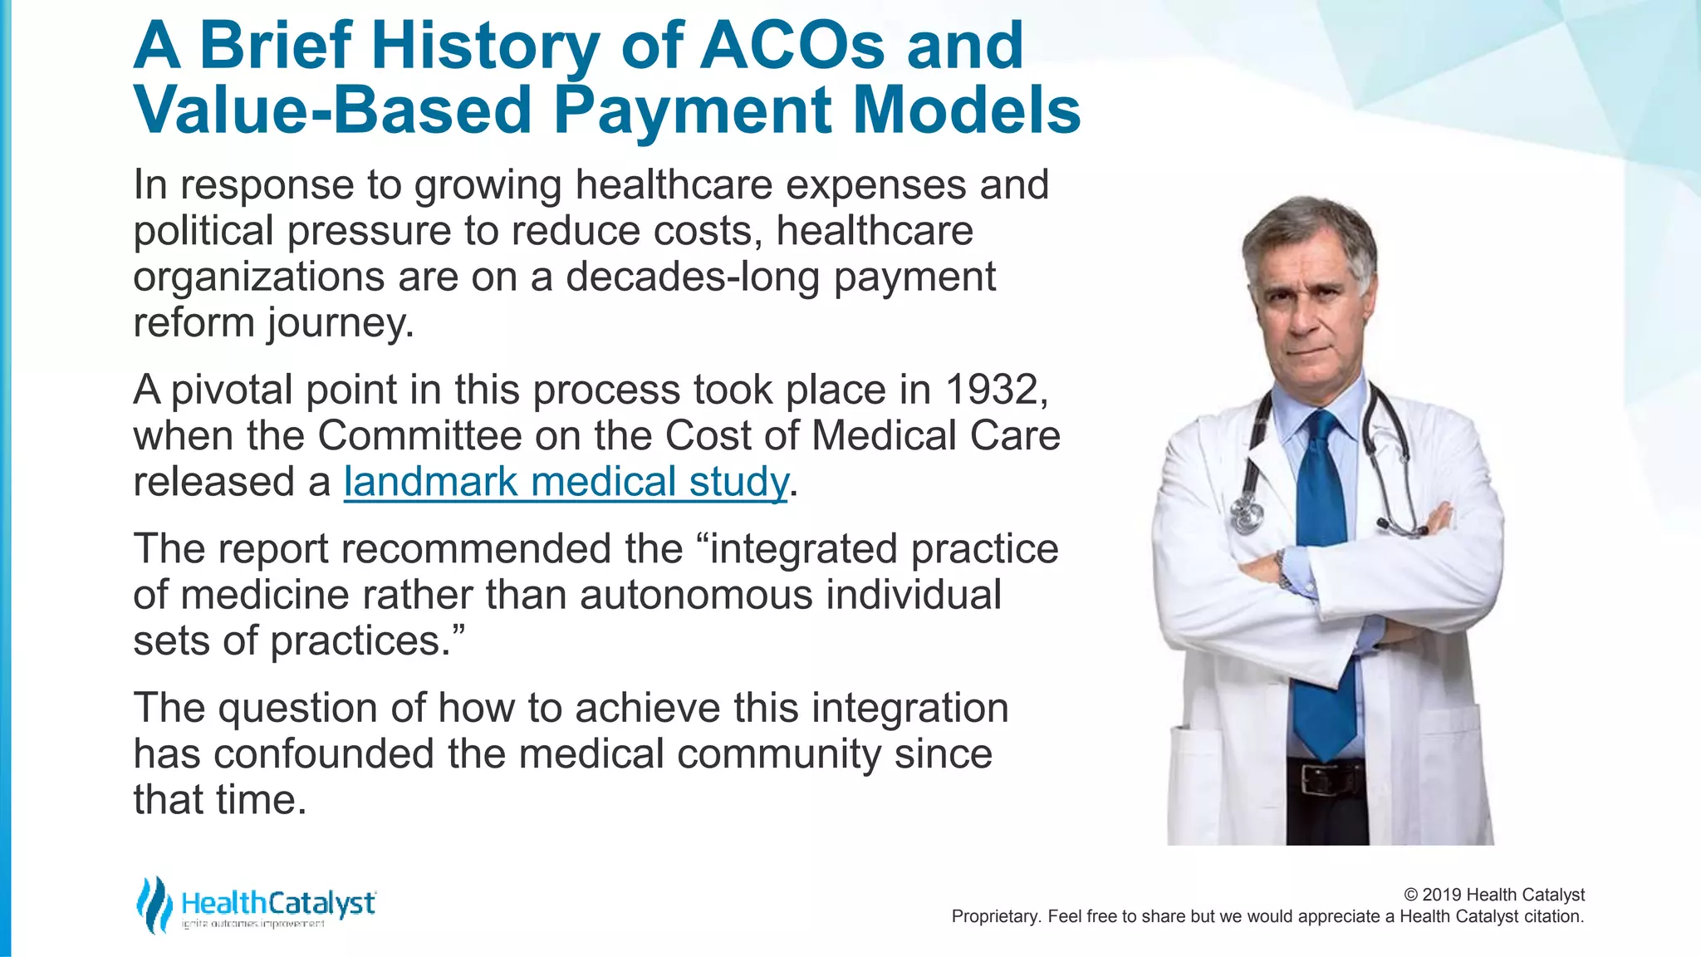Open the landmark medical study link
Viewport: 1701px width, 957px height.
point(566,483)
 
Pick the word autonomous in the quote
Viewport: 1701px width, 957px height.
point(696,596)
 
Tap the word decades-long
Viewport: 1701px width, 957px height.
point(693,277)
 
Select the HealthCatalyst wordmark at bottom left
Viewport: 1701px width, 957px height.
point(278,903)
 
